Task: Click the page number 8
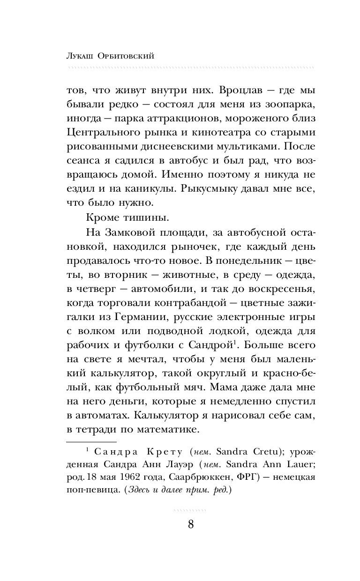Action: click(x=190, y=523)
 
